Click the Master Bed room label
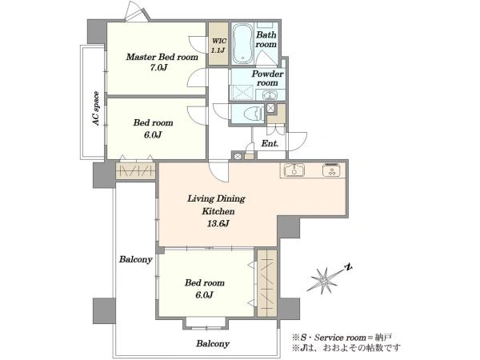pyautogui.click(x=162, y=58)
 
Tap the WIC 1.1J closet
pyautogui.click(x=218, y=43)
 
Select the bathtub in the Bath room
pyautogui.click(x=242, y=43)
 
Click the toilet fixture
pyautogui.click(x=254, y=114)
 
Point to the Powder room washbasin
pyautogui.click(x=270, y=95)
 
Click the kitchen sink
pyautogui.click(x=294, y=170)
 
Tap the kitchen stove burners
pyautogui.click(x=331, y=170)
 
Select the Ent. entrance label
pyautogui.click(x=270, y=143)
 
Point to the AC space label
pyautogui.click(x=96, y=108)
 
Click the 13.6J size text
pyautogui.click(x=218, y=223)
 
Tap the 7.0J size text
pyautogui.click(x=158, y=68)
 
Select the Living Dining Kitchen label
pyautogui.click(x=217, y=205)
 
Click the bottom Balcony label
pyautogui.click(x=213, y=343)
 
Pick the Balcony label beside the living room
pyautogui.click(x=136, y=259)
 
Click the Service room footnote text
pyautogui.click(x=342, y=338)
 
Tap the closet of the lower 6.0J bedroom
pyautogui.click(x=267, y=283)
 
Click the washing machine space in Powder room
pyautogui.click(x=242, y=93)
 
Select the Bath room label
pyautogui.click(x=266, y=39)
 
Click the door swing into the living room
pyautogui.click(x=218, y=172)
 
